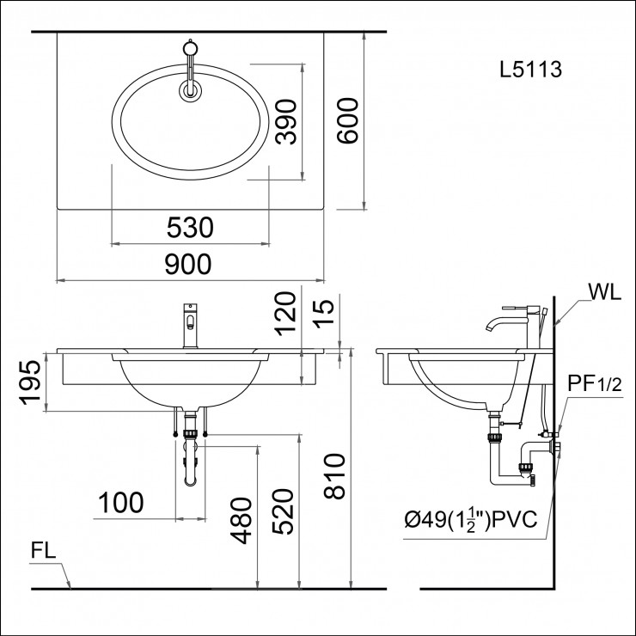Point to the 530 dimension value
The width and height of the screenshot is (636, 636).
pyautogui.click(x=190, y=228)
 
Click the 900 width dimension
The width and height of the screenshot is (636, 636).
pyautogui.click(x=187, y=265)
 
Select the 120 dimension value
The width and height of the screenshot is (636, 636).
pyautogui.click(x=286, y=311)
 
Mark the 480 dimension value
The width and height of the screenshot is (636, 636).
pyautogui.click(x=243, y=520)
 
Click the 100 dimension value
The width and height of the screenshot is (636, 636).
pyautogui.click(x=120, y=503)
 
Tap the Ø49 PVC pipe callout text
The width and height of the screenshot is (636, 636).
pyautogui.click(x=472, y=518)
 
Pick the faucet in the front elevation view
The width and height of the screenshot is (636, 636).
pyautogui.click(x=189, y=326)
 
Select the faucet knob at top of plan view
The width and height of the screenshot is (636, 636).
pyautogui.click(x=190, y=46)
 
